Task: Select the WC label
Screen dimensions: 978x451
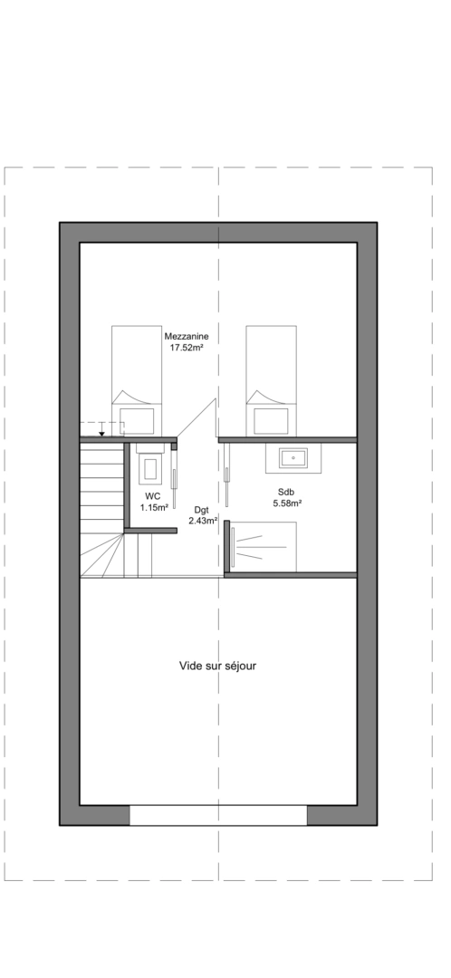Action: pos(153,497)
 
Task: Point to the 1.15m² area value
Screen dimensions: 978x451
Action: pos(153,508)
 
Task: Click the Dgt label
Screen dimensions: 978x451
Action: pos(201,510)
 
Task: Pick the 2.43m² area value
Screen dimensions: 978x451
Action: pos(202,521)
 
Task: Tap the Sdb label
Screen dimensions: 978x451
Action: pos(286,492)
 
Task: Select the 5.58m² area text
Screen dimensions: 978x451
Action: pos(286,503)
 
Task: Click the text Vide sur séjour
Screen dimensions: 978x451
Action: pos(218,666)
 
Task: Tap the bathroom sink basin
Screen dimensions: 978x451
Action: pos(291,458)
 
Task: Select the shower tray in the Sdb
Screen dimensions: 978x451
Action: pos(264,546)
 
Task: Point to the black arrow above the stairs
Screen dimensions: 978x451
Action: pos(101,434)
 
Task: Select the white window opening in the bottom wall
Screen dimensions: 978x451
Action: pos(218,815)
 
